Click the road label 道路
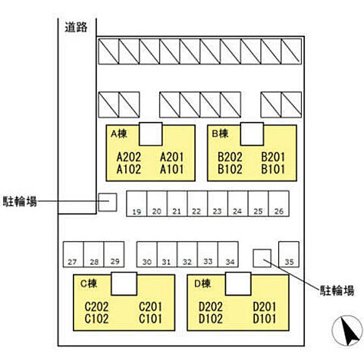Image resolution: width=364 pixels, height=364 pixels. (76, 27)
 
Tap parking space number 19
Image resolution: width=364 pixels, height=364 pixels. (136, 204)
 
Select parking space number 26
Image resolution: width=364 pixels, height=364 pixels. (278, 204)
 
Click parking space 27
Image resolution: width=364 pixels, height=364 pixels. (73, 254)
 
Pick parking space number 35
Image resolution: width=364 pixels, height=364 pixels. (289, 254)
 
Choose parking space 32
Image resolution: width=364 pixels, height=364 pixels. (187, 254)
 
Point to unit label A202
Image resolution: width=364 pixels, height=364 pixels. (129, 157)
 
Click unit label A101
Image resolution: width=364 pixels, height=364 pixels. (171, 169)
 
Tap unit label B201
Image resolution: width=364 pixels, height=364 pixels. (273, 157)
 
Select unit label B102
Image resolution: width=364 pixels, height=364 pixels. (230, 169)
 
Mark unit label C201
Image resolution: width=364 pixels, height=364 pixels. (150, 307)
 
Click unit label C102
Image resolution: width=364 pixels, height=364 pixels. (96, 318)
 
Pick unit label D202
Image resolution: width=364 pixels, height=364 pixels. (211, 307)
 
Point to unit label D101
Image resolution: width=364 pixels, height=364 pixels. (265, 318)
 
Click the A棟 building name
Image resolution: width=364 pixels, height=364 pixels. (119, 133)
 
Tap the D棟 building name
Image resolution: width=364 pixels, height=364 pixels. (202, 284)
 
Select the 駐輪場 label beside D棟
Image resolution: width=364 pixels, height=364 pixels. (337, 290)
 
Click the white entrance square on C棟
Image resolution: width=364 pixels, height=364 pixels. (124, 284)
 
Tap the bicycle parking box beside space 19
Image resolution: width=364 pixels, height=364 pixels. (108, 202)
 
